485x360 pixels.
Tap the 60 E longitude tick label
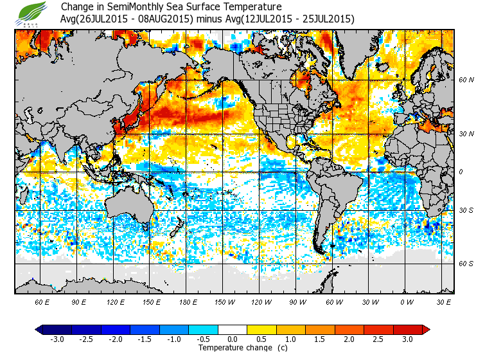point(42,301)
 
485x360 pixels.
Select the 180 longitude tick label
point(188,301)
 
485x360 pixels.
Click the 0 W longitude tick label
point(406,301)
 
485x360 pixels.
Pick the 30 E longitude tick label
point(443,301)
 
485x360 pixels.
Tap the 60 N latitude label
point(466,80)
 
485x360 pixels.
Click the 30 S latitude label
point(466,211)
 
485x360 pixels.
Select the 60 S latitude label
point(466,264)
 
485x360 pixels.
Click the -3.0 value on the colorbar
point(58,339)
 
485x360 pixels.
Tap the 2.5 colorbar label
point(379,339)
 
